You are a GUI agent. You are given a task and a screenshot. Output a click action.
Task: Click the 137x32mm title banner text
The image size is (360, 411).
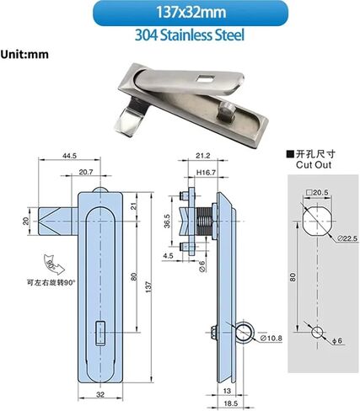[191, 13]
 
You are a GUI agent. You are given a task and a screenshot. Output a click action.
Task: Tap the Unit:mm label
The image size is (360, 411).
[24, 54]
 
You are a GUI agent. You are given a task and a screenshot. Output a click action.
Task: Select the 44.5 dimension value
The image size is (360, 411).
[69, 156]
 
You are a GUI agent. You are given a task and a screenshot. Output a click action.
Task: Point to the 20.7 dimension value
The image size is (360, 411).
[86, 172]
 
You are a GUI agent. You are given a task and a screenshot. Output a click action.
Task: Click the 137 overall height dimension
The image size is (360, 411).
[148, 287]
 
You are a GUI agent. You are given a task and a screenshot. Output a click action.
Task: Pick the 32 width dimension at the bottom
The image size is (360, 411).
[100, 394]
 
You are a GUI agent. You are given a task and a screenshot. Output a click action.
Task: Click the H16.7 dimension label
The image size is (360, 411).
[206, 173]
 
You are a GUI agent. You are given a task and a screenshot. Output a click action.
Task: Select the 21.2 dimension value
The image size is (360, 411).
[203, 156]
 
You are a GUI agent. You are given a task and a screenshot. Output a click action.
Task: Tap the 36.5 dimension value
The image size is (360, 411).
[167, 221]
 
